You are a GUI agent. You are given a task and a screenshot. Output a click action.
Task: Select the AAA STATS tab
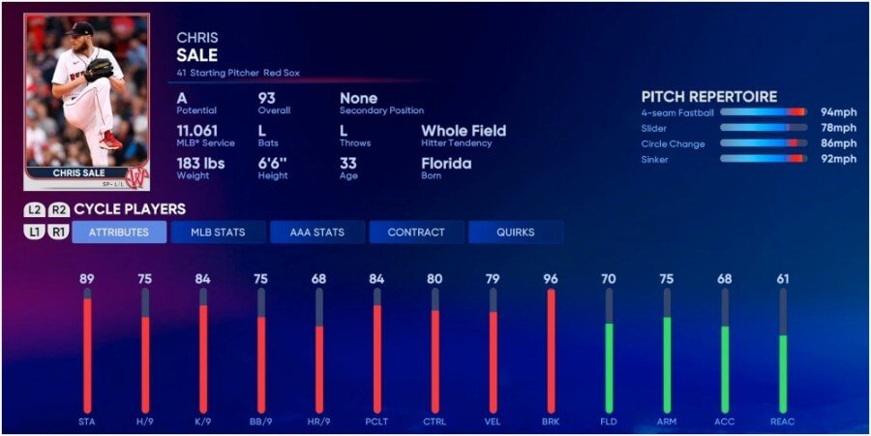pos(316,233)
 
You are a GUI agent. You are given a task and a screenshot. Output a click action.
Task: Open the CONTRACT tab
pos(416,233)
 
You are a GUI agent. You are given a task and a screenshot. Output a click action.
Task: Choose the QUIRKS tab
pos(515,233)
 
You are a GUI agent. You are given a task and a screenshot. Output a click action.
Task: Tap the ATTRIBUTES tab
pos(119,233)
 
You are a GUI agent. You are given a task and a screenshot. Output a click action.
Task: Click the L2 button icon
pos(35,209)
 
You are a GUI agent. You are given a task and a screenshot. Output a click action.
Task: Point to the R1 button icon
pos(59,232)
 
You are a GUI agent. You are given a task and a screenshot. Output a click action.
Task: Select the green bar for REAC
pos(783,373)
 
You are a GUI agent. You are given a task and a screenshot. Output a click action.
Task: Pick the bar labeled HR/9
pos(318,368)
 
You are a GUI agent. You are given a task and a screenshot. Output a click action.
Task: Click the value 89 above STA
pos(87,279)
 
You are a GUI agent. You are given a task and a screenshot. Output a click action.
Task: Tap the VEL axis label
pos(493,421)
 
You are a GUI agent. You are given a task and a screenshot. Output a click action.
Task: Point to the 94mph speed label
pos(838,112)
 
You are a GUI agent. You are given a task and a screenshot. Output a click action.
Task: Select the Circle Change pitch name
pos(669,143)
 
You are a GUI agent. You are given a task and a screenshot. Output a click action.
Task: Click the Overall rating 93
pos(268,99)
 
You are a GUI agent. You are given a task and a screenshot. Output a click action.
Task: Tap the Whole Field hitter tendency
pos(463,131)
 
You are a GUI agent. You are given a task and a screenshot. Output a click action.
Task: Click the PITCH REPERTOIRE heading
pos(709,97)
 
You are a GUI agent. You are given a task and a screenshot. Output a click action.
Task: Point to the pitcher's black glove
pos(98,70)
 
